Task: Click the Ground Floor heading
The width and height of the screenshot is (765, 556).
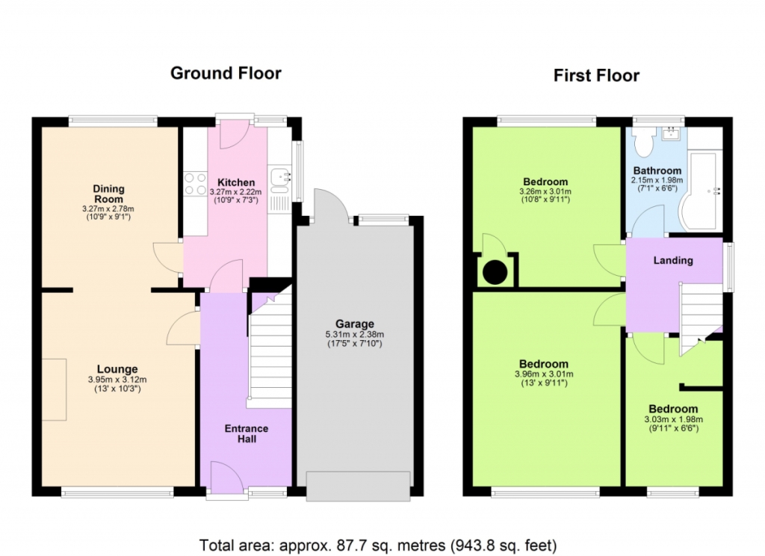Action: click(226, 73)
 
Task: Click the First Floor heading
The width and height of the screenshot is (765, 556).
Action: click(596, 75)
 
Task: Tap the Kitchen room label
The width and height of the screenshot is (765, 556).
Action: click(236, 182)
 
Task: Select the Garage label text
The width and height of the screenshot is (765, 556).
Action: click(355, 324)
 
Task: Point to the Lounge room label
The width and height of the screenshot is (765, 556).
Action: click(117, 369)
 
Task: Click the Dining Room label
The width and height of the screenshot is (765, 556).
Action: click(109, 194)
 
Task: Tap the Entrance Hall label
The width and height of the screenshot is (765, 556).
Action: click(247, 433)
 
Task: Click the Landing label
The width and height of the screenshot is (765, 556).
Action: click(673, 260)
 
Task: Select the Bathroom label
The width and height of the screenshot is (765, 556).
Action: click(657, 171)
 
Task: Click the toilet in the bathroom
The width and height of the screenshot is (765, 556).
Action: click(645, 142)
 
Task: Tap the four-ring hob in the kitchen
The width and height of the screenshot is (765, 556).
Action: click(195, 184)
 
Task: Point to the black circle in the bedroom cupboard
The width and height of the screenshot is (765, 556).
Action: click(495, 272)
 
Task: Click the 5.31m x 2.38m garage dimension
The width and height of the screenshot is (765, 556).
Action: click(355, 334)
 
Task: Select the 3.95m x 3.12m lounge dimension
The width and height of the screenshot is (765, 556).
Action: click(117, 380)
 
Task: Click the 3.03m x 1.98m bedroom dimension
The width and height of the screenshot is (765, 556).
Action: click(673, 419)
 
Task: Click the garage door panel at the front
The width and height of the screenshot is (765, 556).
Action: click(358, 486)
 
